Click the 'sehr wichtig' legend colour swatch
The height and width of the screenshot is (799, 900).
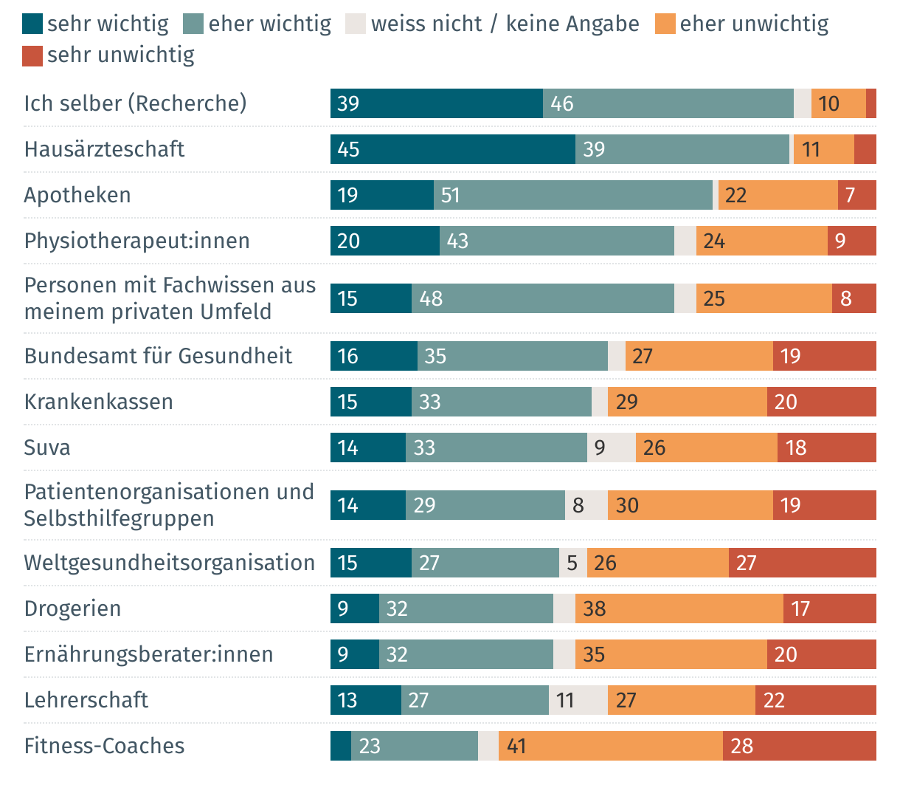(x=32, y=24)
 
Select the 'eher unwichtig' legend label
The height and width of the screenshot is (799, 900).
(x=754, y=24)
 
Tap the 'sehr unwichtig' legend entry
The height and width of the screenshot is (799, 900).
(x=120, y=55)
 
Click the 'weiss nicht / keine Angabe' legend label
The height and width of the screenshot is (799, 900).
(x=505, y=24)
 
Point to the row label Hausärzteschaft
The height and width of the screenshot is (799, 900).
(x=104, y=149)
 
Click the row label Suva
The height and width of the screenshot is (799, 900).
(x=47, y=447)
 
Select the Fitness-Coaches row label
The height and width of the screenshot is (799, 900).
(x=104, y=746)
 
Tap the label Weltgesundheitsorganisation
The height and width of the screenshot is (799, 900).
(x=170, y=563)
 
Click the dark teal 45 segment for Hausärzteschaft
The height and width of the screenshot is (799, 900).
(x=452, y=149)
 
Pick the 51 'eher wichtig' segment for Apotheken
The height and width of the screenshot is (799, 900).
(x=572, y=195)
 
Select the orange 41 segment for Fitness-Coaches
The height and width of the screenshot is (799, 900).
(x=610, y=746)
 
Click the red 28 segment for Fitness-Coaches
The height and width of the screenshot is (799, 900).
(x=799, y=746)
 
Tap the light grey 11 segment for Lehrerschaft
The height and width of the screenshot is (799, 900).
(x=578, y=700)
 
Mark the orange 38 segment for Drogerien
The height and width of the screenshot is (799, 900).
(x=679, y=608)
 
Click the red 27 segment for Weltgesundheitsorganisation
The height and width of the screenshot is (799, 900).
(x=802, y=563)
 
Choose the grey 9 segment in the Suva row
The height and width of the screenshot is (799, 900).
(x=611, y=447)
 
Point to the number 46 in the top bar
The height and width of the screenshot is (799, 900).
(x=561, y=103)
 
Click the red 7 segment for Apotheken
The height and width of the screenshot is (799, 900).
(x=856, y=195)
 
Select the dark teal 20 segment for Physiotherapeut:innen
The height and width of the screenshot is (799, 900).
(x=384, y=241)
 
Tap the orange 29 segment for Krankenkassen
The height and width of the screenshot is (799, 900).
(x=687, y=402)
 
